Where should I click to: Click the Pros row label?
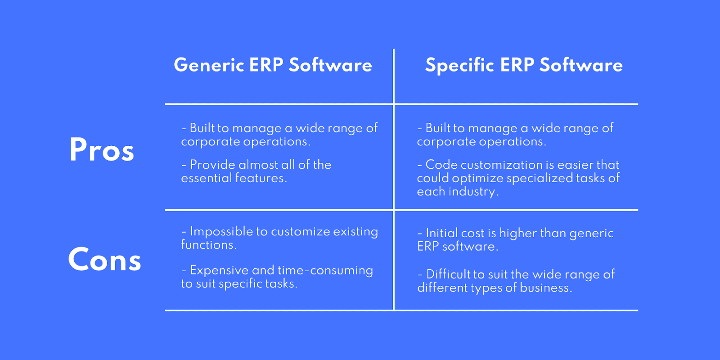click(102, 149)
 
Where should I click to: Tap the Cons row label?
click(104, 259)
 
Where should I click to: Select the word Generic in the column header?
click(209, 65)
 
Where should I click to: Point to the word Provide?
click(212, 165)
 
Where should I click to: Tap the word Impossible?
click(221, 232)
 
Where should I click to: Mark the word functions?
click(209, 245)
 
